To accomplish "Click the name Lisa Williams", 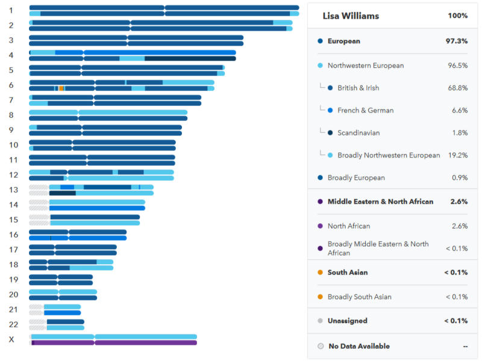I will click(351, 16).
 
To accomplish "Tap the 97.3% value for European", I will click(456, 42).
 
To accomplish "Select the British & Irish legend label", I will click(358, 88).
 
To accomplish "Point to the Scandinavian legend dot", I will click(330, 133).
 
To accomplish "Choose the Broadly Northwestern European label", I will click(389, 155).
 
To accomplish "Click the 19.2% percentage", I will click(457, 155).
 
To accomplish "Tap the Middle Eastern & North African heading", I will click(380, 202).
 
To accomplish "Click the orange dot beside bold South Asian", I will click(320, 273).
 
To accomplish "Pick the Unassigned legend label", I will click(347, 321).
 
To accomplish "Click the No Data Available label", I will click(358, 346).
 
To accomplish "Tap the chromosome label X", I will click(11, 339).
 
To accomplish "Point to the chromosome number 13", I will click(13, 190).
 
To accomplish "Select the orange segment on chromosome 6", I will click(61, 88).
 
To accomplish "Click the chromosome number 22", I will click(13, 324).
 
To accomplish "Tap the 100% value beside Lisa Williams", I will click(457, 16).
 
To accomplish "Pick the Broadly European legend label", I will click(356, 177).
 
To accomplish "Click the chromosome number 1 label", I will click(11, 10).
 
